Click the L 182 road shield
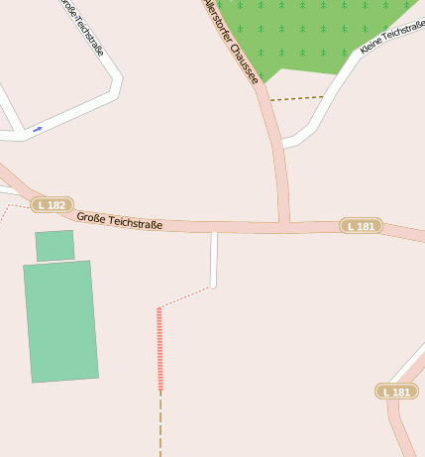53,205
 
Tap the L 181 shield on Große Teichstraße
361,226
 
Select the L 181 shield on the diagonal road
396,392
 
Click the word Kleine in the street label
372,44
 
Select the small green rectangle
54,245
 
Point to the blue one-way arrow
38,129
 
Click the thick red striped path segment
159,348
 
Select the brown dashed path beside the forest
296,98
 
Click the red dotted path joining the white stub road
185,297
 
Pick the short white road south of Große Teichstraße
214,259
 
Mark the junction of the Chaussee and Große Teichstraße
284,225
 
